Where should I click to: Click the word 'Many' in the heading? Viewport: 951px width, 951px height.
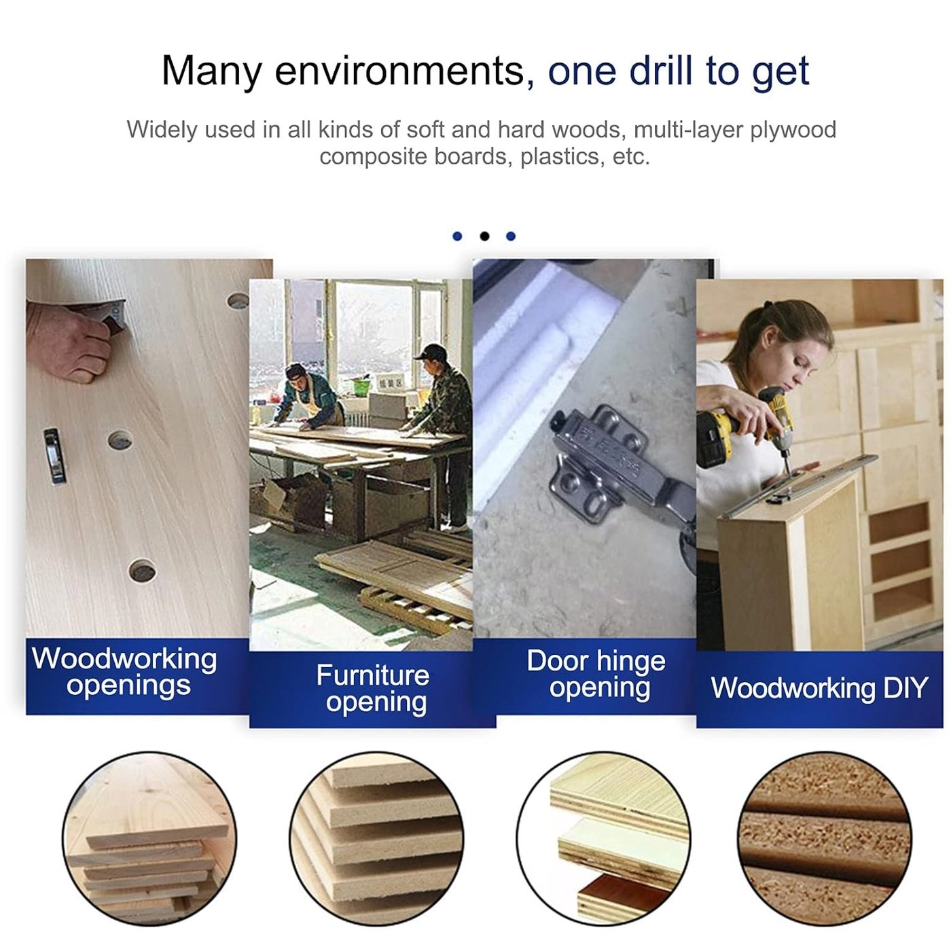(211, 71)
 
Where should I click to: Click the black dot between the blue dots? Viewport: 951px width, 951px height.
(484, 236)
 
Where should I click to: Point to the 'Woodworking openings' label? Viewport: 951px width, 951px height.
(124, 673)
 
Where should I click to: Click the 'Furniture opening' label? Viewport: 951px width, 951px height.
(374, 689)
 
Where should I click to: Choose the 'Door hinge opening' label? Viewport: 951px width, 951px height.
(596, 675)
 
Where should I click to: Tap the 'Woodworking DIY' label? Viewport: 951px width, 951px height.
(819, 688)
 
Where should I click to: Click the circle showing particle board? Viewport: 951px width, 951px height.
(824, 839)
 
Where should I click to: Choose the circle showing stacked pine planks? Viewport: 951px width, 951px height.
(149, 839)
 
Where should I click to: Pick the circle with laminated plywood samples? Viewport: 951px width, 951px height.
(603, 839)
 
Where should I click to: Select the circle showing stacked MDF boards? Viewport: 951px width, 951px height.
(376, 839)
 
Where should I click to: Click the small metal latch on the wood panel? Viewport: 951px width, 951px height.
(54, 456)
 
